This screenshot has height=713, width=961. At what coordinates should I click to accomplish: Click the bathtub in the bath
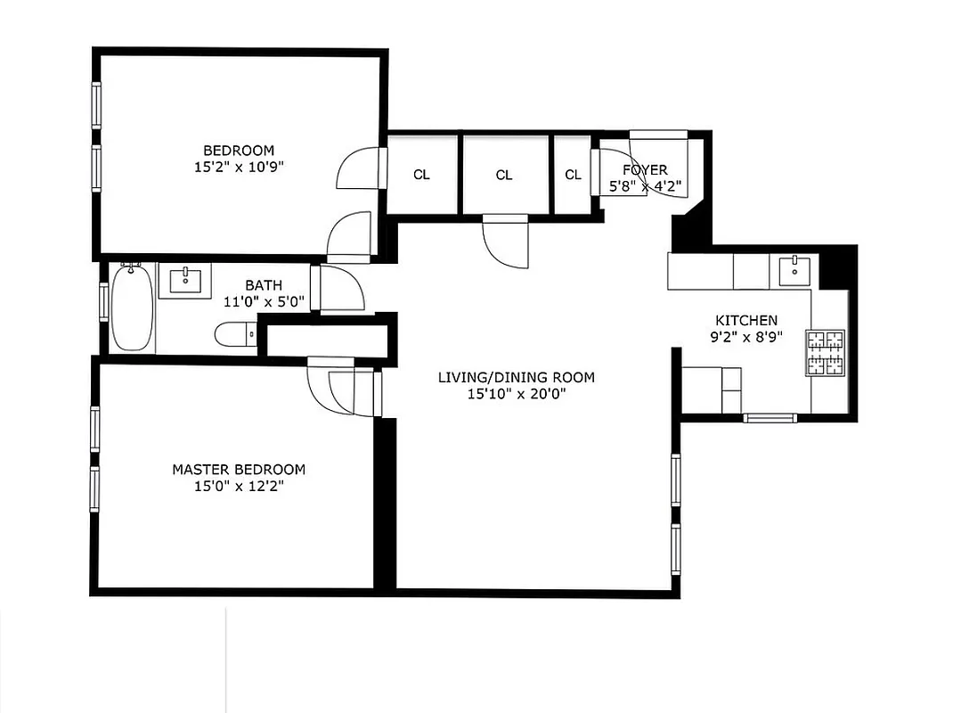pyautogui.click(x=133, y=307)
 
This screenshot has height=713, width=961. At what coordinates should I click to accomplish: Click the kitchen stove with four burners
pyautogui.click(x=825, y=351)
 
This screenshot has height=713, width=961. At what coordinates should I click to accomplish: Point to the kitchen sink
pyautogui.click(x=791, y=268)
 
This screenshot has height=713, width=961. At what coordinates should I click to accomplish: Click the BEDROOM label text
pyautogui.click(x=239, y=151)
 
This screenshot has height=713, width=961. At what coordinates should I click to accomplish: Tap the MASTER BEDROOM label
pyautogui.click(x=239, y=470)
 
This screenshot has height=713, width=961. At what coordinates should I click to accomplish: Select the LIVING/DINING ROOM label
pyautogui.click(x=517, y=377)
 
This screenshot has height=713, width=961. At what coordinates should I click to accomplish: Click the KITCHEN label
pyautogui.click(x=746, y=321)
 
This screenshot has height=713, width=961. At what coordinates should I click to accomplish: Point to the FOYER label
pyautogui.click(x=645, y=170)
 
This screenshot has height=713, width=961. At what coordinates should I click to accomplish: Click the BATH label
pyautogui.click(x=264, y=285)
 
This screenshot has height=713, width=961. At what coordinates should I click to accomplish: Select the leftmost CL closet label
pyautogui.click(x=421, y=175)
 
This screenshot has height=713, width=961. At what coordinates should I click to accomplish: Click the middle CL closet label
pyautogui.click(x=504, y=175)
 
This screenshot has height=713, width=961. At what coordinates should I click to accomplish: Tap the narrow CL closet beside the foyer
pyautogui.click(x=573, y=175)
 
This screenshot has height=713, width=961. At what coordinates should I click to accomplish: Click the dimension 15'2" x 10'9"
pyautogui.click(x=239, y=167)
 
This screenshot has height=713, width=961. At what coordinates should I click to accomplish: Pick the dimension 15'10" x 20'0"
pyautogui.click(x=517, y=394)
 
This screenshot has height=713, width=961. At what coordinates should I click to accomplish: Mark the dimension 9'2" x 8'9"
pyautogui.click(x=746, y=338)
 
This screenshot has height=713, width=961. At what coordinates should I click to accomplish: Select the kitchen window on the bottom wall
pyautogui.click(x=771, y=417)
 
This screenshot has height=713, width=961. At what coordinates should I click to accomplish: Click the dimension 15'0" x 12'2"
pyautogui.click(x=239, y=487)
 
